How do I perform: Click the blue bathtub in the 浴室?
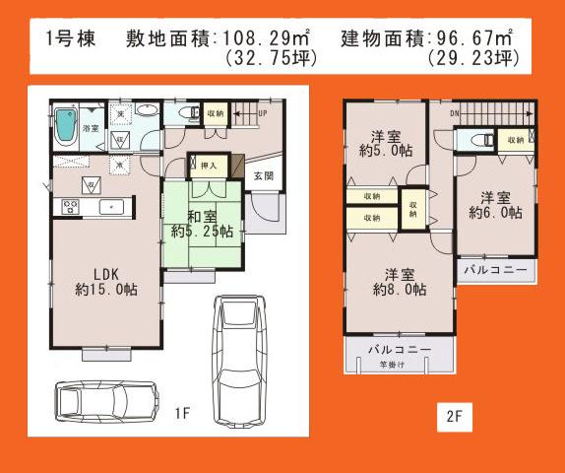point(66,124)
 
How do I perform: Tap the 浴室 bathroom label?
point(89,129)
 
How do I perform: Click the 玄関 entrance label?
point(263,176)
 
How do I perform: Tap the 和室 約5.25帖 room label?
point(201,224)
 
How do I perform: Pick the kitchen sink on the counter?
point(111,206)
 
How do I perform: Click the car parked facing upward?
point(236,352)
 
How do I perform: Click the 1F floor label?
point(184,415)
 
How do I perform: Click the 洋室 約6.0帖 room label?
point(494,203)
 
